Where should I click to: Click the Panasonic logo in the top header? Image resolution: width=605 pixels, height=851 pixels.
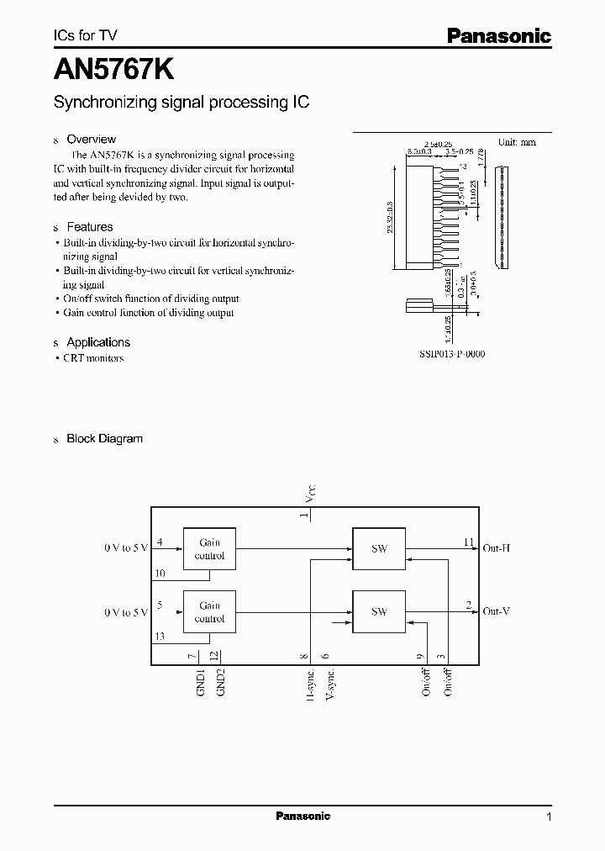497,36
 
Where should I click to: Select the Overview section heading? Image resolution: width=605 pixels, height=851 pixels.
91,140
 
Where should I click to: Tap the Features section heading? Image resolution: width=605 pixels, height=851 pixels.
89,227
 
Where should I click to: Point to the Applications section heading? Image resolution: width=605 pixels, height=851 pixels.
97,342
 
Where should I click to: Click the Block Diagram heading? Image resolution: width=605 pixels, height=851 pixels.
104,439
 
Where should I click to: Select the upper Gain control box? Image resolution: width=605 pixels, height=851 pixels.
209,549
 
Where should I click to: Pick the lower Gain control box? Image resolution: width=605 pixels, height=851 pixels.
209,611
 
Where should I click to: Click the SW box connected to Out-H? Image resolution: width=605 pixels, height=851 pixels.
379,549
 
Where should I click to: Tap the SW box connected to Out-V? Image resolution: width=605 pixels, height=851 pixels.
379,611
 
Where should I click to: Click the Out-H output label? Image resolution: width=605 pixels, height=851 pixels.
497,548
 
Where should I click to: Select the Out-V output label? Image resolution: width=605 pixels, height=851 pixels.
497,611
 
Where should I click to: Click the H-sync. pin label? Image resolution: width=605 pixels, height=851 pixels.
310,684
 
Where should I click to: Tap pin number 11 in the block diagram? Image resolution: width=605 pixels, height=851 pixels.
468,542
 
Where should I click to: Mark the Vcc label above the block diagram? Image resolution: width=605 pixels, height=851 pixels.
311,494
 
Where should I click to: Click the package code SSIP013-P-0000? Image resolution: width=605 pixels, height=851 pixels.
451,355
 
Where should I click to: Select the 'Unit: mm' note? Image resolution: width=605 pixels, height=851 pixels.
516,142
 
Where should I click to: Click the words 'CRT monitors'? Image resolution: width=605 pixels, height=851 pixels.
93,358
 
